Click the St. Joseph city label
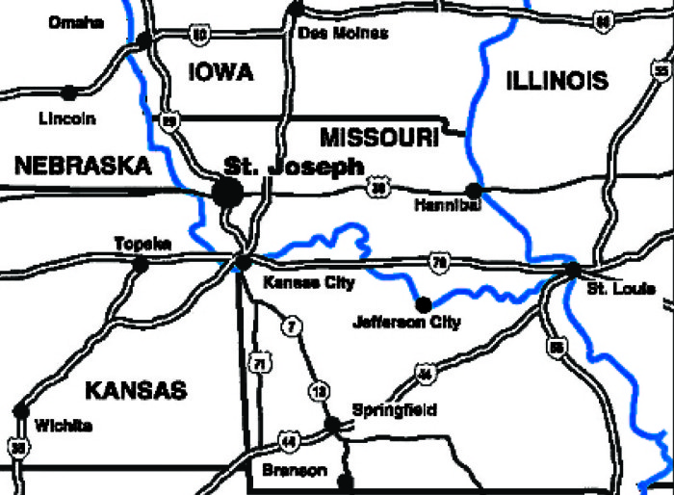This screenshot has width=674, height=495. (x=294, y=166)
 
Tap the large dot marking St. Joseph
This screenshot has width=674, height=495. (x=228, y=192)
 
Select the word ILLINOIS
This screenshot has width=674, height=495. (x=557, y=81)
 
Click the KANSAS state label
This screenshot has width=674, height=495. (x=135, y=390)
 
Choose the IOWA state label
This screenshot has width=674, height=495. (x=220, y=72)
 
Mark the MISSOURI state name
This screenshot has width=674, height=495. (x=379, y=139)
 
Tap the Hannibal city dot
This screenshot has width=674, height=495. (x=473, y=190)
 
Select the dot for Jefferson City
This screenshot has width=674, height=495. (x=422, y=304)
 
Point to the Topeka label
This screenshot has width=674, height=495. (x=143, y=244)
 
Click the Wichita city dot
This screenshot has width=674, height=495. (x=20, y=411)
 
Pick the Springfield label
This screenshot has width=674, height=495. (x=395, y=410)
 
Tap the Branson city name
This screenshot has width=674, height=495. (x=295, y=471)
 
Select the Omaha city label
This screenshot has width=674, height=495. (x=76, y=23)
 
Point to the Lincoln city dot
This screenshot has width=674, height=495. (x=68, y=93)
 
